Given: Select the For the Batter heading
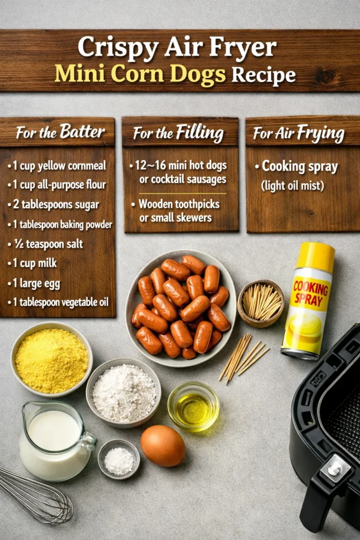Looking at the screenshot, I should click(60, 132).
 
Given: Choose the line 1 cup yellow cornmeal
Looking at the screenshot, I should click(57, 166).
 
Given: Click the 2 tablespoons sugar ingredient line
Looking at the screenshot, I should click(53, 205).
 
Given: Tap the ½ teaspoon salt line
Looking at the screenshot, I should click(45, 244).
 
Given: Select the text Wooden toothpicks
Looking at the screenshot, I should click(175, 204).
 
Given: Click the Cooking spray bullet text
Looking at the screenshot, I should click(299, 166).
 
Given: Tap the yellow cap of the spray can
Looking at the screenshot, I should click(316, 257).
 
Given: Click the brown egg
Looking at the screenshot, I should click(162, 446).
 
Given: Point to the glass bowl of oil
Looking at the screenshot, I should click(193, 406).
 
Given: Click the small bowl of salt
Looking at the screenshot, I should click(119, 460).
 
